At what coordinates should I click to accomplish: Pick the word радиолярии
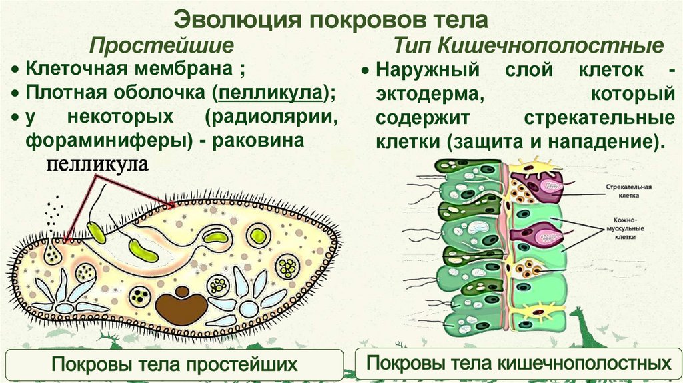tap(273, 117)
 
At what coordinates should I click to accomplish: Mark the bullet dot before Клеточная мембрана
tap(15, 69)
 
